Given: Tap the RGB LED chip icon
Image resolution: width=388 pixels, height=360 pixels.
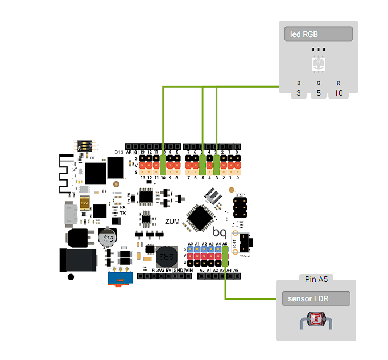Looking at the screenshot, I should pyautogui.click(x=319, y=63).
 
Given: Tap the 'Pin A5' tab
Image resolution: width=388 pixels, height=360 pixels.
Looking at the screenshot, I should pyautogui.click(x=316, y=279).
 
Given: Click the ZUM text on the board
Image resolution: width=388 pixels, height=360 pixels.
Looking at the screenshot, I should pyautogui.click(x=174, y=221).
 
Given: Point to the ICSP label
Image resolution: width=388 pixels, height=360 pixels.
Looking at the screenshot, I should pyautogui.click(x=240, y=195).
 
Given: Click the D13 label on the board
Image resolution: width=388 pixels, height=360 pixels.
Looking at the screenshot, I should pyautogui.click(x=119, y=153).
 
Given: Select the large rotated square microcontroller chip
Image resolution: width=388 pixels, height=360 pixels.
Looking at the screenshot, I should pyautogui.click(x=200, y=216).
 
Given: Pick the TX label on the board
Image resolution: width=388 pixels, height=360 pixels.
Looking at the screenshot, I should pyautogui.click(x=123, y=213).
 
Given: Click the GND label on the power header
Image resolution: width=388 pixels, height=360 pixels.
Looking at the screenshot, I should pyautogui.click(x=178, y=270).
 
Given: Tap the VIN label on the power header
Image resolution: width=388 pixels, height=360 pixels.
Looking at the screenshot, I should pyautogui.click(x=189, y=270).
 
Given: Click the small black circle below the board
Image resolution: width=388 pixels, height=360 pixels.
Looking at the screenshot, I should pyautogui.click(x=71, y=277).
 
